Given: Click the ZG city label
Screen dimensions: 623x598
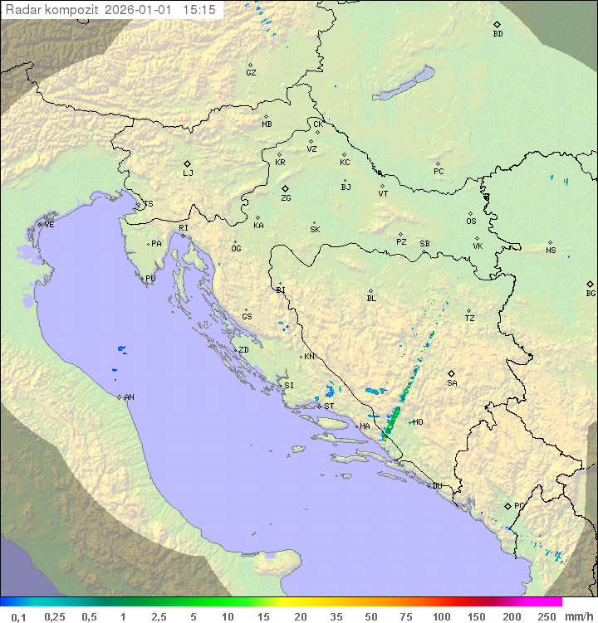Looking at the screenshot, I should coord(286,198).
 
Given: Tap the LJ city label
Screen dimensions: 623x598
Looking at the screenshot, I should coord(188,173).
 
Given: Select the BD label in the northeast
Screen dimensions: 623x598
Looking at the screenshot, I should coord(498,34).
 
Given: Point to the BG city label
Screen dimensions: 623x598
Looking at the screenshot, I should coord(591,294).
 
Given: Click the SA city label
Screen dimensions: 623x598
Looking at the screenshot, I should coord(452,383).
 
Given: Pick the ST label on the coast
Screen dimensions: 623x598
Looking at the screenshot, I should coord(329,406).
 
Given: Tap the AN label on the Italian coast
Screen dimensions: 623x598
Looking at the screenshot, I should coord(129,397).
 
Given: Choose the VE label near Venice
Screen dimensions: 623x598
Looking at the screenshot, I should coord(49,225).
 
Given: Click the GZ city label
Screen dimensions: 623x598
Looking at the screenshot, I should coord(251,73).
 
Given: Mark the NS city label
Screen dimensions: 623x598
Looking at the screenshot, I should coord(551,251).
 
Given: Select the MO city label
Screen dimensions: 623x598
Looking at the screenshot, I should coord(418,422).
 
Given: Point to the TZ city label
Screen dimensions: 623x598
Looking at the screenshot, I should coord(470,319).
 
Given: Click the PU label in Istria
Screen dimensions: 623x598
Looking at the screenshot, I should coord(150,279).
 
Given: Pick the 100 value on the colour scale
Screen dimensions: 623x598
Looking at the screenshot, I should coord(441,616).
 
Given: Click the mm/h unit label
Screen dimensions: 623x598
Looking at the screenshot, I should coord(576,616).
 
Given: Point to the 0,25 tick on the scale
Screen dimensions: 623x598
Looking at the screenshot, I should coord(55,616).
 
